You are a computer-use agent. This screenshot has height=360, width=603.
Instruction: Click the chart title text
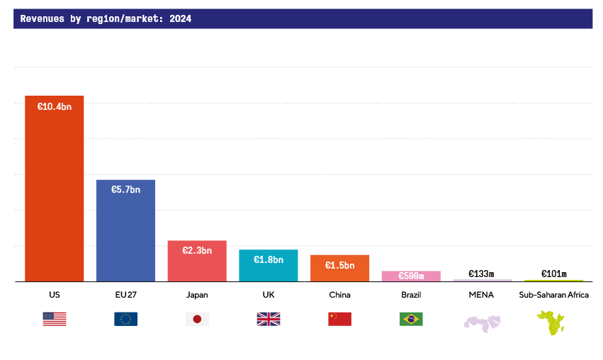tap(106, 19)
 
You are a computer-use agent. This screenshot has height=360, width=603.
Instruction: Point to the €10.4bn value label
tap(55, 107)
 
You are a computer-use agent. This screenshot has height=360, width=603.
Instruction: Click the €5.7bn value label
tap(125, 190)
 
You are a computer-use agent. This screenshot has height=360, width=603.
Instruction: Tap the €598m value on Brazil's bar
tap(411, 276)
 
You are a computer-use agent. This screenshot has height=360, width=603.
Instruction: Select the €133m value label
tap(481, 274)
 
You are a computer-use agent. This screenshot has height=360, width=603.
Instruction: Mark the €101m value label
tap(553, 274)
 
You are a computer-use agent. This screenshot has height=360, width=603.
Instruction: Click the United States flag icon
tap(55, 319)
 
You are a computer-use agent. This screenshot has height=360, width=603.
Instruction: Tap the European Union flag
tap(125, 319)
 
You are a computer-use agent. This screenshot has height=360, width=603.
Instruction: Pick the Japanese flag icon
tap(197, 319)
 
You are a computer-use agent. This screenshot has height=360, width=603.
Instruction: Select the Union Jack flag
tap(268, 319)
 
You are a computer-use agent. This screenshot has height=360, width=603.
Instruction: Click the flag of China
tap(339, 319)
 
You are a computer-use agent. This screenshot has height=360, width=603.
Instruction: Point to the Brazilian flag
tap(411, 319)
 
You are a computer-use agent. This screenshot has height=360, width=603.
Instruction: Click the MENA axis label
tap(481, 295)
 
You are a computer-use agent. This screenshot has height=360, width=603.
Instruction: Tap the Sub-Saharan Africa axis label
tap(553, 295)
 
